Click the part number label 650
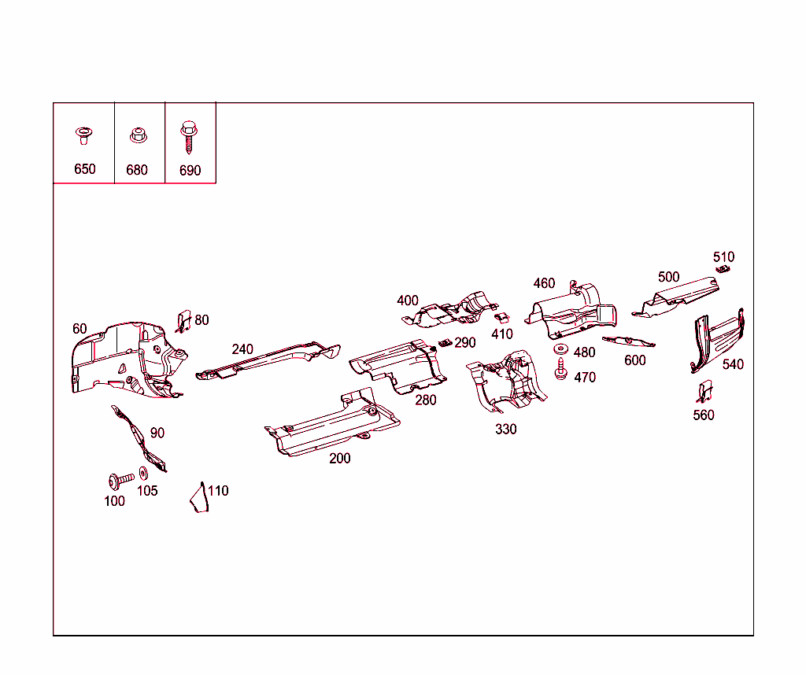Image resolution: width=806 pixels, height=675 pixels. (84, 169)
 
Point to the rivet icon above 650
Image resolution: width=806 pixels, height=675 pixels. (83, 135)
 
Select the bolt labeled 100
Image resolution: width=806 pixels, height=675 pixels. (119, 478)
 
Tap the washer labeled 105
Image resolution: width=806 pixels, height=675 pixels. (143, 474)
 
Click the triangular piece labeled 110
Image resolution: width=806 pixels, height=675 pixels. (199, 499)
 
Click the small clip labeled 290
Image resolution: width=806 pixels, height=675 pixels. (445, 344)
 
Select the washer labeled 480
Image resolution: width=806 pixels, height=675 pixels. (560, 349)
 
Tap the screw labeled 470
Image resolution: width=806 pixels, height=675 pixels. (561, 369)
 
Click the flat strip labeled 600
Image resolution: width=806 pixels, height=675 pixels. (628, 341)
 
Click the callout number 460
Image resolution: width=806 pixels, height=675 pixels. (544, 283)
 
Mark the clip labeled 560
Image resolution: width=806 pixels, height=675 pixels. (704, 391)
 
